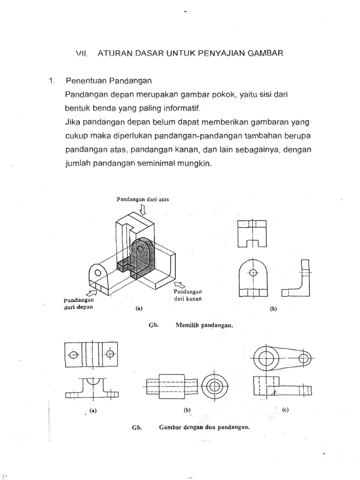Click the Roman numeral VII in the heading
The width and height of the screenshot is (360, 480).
[x=82, y=54]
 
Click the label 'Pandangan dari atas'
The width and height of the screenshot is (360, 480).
[x=142, y=199]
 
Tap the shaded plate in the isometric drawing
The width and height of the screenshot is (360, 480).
[x=143, y=258]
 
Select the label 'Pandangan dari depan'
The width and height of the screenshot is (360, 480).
[x=79, y=304]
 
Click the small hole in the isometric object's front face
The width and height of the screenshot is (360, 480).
[x=98, y=273]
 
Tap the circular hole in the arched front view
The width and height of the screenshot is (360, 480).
[x=253, y=272]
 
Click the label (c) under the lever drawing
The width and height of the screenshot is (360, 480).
[x=285, y=409]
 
